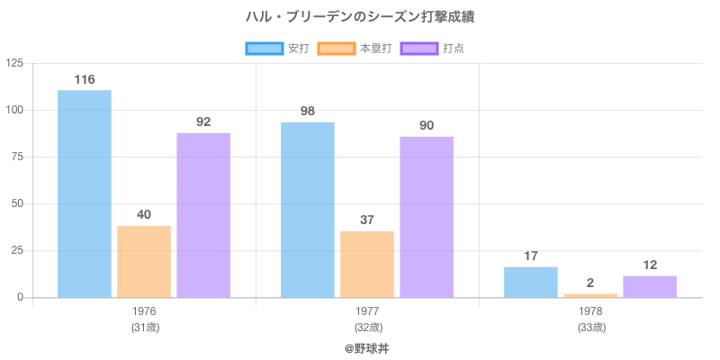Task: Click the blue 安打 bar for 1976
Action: click(x=85, y=193)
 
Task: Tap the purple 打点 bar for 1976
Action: click(x=203, y=215)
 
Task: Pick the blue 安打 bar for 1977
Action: click(x=307, y=210)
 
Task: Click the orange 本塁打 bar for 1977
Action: click(x=367, y=264)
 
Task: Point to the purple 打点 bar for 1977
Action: click(x=427, y=217)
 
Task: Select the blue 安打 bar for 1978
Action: click(x=530, y=282)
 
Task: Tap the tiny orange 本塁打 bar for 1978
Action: click(x=590, y=295)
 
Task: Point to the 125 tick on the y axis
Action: click(x=14, y=63)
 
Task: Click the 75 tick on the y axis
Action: click(x=17, y=157)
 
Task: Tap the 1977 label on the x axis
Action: click(x=367, y=311)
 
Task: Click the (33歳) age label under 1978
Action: click(x=590, y=327)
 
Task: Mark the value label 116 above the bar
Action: click(x=85, y=79)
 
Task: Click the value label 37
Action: click(x=367, y=220)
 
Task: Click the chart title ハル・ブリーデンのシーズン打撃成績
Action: click(x=360, y=16)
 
